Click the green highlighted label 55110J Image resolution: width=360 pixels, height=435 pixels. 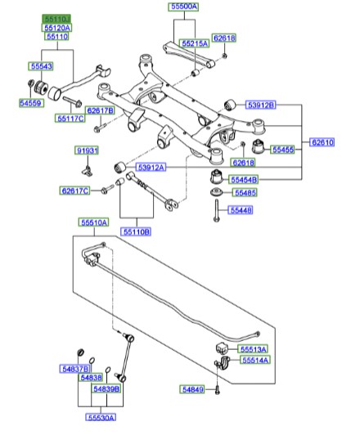[56, 17]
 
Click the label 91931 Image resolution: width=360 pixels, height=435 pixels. [87, 151]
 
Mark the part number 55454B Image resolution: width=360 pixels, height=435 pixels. [242, 179]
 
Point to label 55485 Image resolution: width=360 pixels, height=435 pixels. [244, 193]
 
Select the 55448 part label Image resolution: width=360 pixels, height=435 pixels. [244, 210]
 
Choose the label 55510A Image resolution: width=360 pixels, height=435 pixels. [94, 222]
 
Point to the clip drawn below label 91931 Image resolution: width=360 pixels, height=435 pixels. [87, 169]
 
